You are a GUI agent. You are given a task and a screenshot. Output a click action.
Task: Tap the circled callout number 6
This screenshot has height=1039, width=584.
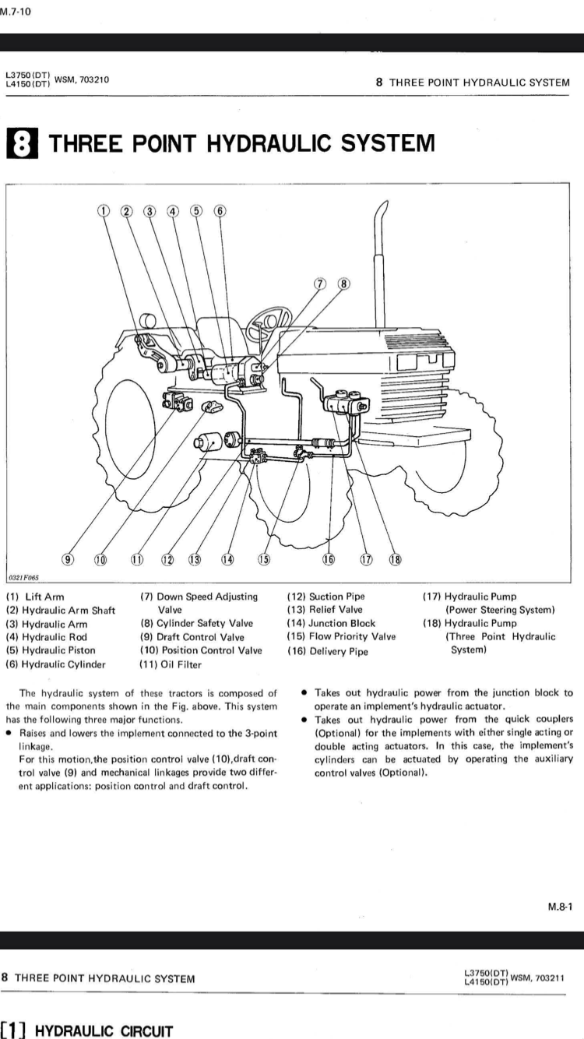coord(220,210)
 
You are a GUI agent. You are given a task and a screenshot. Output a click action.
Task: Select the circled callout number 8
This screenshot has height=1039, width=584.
coord(343,284)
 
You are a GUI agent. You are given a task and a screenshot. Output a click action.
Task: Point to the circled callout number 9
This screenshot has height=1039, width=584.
coord(69,558)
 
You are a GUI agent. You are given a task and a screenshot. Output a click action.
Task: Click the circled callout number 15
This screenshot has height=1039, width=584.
coord(263,558)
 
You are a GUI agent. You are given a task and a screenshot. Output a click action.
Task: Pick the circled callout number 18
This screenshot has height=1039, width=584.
coord(395,558)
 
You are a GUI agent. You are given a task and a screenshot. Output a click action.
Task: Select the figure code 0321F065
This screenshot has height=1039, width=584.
coord(23,578)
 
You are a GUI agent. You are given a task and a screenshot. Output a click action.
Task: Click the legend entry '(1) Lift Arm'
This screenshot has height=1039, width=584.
coord(35,597)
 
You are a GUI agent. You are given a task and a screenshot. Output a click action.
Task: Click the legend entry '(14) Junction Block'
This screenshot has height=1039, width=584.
coord(331,623)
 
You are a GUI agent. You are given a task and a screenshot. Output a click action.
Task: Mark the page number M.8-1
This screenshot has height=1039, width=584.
coord(560,906)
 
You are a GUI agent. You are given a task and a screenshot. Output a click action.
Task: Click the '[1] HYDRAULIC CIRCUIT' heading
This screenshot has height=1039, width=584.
coord(86,1031)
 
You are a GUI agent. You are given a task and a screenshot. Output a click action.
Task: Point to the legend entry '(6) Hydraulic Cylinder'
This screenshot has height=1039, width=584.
coord(55,664)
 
